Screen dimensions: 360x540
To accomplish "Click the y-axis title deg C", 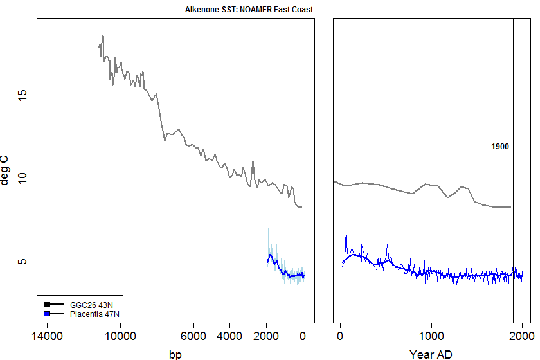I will click(6, 170).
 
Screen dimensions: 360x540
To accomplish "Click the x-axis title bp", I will click(175, 354).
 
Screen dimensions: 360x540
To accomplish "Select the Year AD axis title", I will click(431, 354).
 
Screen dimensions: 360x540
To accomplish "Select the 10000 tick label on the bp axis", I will click(119, 336).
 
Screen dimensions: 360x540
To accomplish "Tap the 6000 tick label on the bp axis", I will click(193, 336).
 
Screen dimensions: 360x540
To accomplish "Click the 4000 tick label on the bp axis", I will click(230, 336).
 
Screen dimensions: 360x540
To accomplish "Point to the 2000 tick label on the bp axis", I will click(266, 336).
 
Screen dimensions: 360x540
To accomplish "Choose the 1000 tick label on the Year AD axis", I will click(431, 336).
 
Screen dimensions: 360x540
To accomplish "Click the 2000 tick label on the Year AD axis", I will click(521, 336).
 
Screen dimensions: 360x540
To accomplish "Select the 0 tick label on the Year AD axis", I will click(339, 336).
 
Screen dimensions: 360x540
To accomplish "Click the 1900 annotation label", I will click(500, 147).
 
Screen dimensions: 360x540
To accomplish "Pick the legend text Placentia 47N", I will click(94, 314).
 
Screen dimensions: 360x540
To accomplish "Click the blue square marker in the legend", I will click(47, 314).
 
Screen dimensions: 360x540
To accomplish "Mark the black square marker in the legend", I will click(47, 304).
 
